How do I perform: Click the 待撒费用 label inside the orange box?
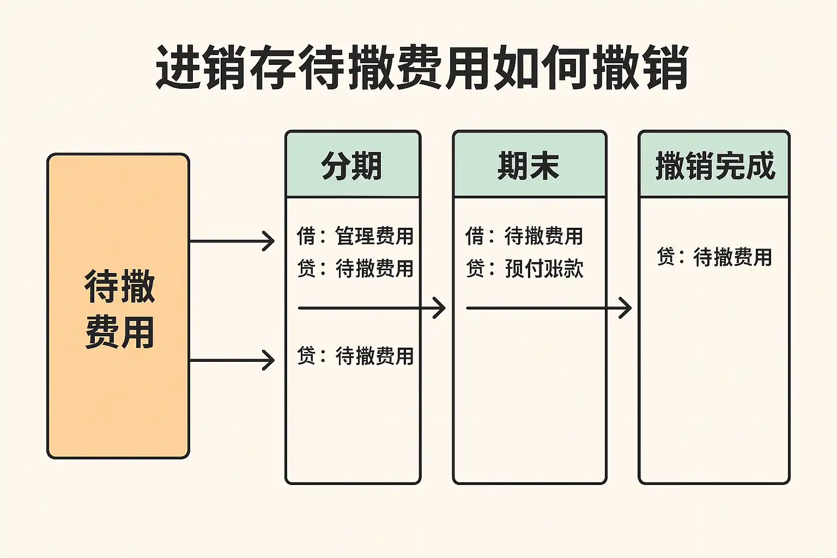coord(120,308)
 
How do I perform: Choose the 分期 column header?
coord(352,166)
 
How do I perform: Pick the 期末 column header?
coord(529,166)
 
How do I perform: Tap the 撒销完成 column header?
coord(714,166)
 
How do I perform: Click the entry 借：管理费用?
coord(355,236)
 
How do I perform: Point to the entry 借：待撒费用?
coord(524,236)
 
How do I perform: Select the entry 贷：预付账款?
coord(524,268)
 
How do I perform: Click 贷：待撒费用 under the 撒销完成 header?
coord(714,257)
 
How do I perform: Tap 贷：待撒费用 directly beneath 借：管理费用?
coord(355,268)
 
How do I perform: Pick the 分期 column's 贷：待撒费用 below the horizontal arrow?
coord(355,356)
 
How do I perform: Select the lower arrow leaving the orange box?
coord(232,360)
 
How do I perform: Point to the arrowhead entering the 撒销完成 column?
coord(626,308)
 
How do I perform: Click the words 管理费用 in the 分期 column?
coord(374,236)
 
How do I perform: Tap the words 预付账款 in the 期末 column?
coord(544,268)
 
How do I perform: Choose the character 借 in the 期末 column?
coord(475,236)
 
